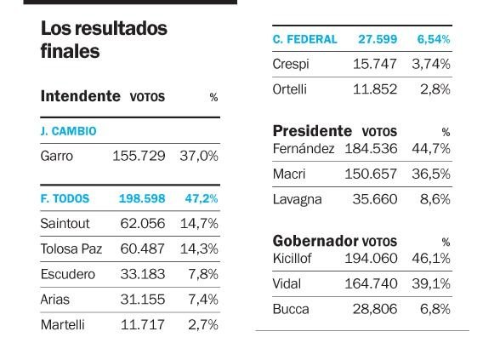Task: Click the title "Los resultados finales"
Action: point(104,39)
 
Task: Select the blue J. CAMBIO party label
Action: point(68,131)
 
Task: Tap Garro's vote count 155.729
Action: point(139,156)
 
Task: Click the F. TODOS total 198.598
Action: point(142,198)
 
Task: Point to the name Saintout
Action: point(65,223)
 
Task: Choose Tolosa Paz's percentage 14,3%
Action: point(199,249)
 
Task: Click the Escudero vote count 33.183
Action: point(143,274)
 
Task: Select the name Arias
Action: point(54,300)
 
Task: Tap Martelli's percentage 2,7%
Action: point(203,325)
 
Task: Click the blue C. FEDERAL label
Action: point(304,39)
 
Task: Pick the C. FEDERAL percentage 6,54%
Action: point(434,39)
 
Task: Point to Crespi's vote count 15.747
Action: point(375,64)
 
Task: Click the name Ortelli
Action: point(289,89)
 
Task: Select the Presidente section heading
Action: point(312,131)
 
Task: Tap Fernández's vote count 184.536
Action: point(371,149)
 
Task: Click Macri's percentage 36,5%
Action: point(431,174)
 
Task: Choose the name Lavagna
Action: point(298,200)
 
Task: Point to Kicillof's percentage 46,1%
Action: point(431,259)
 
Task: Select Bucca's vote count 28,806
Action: point(375,309)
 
